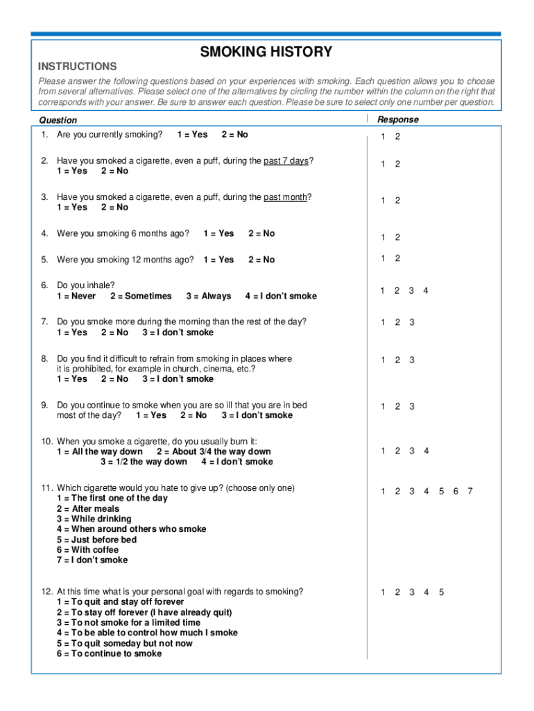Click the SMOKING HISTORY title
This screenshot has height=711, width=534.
(x=266, y=52)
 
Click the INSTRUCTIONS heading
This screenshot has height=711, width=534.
(x=77, y=67)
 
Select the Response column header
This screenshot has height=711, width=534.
(x=398, y=119)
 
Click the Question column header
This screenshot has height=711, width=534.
(x=58, y=120)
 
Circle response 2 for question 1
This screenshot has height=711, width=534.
(x=397, y=136)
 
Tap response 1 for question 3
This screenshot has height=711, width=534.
(x=383, y=201)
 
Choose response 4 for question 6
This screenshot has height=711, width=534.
(x=426, y=291)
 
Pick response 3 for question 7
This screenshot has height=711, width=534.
(x=412, y=322)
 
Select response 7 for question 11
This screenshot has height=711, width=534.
(x=470, y=492)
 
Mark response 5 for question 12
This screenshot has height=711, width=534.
(x=441, y=592)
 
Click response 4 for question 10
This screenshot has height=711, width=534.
(x=427, y=451)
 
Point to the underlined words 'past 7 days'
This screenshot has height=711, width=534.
(x=286, y=161)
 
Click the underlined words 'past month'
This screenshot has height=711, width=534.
(x=284, y=197)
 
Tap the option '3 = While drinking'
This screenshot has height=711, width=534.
(x=94, y=519)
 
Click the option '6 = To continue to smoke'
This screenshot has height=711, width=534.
(x=109, y=653)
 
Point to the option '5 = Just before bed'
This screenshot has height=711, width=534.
(x=96, y=539)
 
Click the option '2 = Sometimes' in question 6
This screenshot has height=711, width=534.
(x=141, y=296)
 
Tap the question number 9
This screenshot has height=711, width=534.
(x=44, y=405)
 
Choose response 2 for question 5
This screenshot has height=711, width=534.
(x=397, y=258)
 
